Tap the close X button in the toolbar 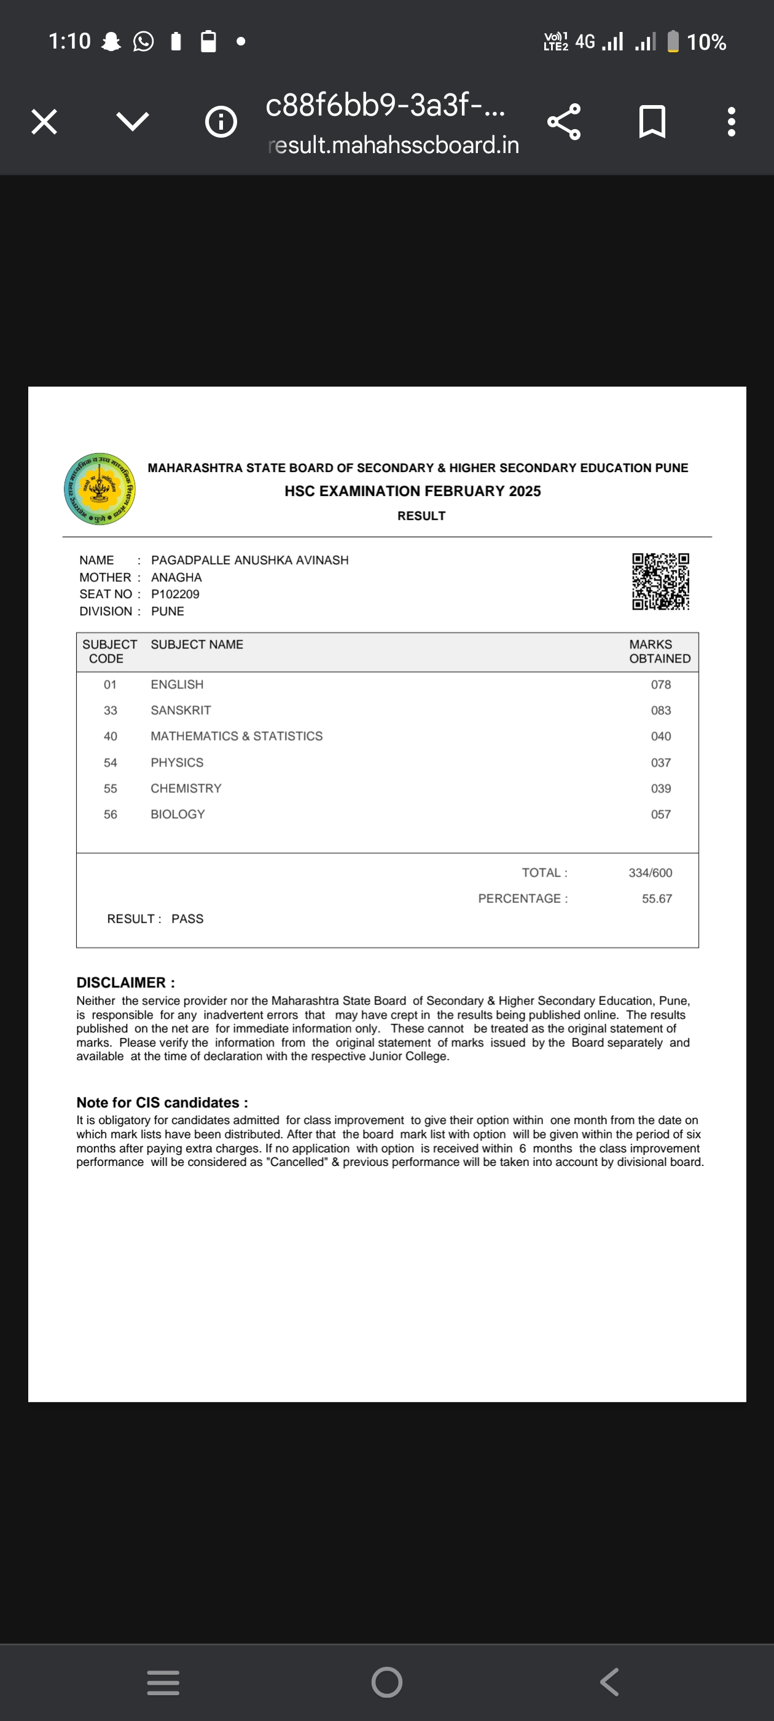[x=44, y=122]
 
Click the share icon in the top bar [x=564, y=122]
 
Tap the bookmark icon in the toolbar [x=652, y=122]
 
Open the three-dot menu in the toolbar [x=731, y=122]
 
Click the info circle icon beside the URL [x=221, y=122]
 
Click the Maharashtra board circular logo [x=100, y=489]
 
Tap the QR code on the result [x=660, y=581]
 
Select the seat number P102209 [x=175, y=594]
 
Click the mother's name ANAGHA [x=176, y=577]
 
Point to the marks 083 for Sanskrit [x=660, y=710]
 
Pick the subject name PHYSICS [x=177, y=762]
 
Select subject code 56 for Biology [x=110, y=814]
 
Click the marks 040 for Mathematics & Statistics [x=660, y=736]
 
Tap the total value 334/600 [x=650, y=873]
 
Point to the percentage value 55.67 [x=657, y=899]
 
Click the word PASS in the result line [x=187, y=919]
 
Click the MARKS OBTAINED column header [x=659, y=652]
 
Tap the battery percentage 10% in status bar [x=706, y=42]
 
